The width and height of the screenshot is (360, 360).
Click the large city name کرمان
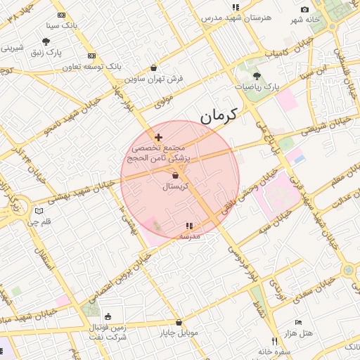(x=219, y=114)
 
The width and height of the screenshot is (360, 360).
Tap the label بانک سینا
(x=60, y=25)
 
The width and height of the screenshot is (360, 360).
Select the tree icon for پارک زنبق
(x=46, y=41)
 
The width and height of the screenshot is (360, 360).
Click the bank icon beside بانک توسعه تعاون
(x=91, y=56)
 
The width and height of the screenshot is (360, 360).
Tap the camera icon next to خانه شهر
(x=304, y=9)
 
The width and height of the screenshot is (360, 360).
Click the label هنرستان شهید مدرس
(x=236, y=17)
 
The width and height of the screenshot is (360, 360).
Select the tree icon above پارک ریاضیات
(x=256, y=75)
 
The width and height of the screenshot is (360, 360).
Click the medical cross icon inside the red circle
(x=158, y=137)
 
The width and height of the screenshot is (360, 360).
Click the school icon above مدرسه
(x=188, y=226)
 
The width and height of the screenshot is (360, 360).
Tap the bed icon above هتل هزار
(x=299, y=321)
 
